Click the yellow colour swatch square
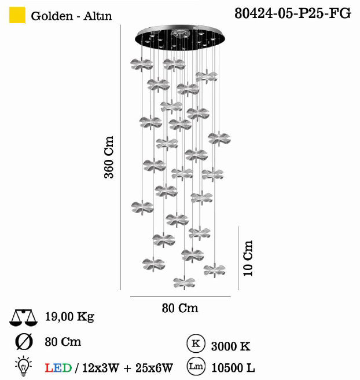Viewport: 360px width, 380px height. (18, 16)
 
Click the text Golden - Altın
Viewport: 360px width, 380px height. (72, 16)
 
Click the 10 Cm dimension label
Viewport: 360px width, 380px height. (248, 258)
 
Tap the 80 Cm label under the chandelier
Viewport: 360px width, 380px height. (180, 308)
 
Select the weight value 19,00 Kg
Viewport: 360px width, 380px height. (69, 317)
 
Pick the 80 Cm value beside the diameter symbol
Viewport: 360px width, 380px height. (63, 342)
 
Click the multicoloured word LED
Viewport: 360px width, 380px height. (58, 367)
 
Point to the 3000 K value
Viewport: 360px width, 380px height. (231, 346)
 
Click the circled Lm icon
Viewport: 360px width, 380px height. (195, 366)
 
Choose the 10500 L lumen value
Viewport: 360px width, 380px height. (233, 367)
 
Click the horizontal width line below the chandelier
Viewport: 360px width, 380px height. (180, 297)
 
